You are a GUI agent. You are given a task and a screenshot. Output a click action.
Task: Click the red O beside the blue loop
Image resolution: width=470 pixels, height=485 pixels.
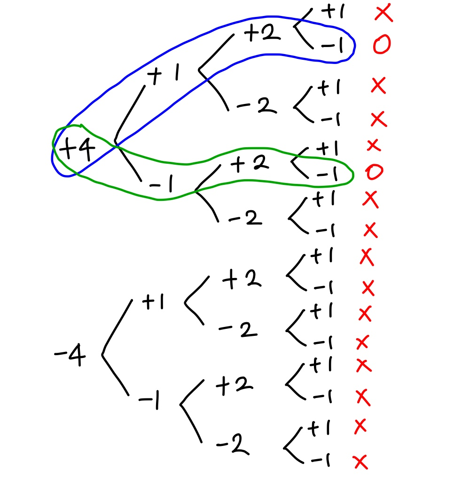(382, 45)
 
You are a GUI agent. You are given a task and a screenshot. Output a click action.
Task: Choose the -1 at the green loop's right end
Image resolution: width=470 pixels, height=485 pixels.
(327, 174)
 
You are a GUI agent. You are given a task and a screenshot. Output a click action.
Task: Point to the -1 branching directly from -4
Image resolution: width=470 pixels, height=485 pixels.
(149, 401)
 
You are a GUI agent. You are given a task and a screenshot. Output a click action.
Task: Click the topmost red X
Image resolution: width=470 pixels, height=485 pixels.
(384, 14)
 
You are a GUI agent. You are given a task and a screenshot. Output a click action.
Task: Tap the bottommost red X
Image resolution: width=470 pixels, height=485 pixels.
(360, 462)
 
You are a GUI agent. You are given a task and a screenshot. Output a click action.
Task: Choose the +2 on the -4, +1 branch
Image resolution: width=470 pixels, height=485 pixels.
(242, 281)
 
